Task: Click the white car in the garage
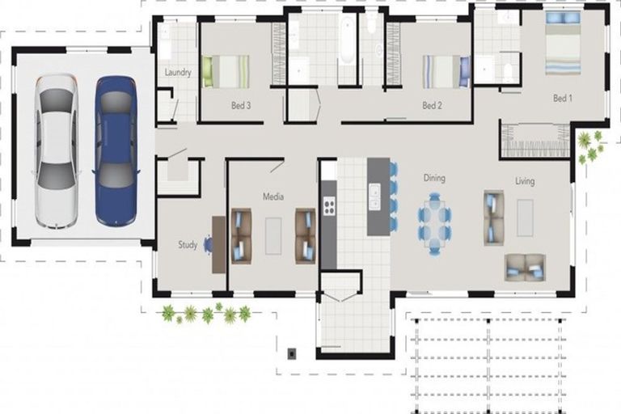(56, 151)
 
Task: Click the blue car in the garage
(116, 151)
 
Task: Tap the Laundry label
(178, 72)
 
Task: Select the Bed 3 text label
(241, 105)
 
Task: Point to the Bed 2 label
(432, 105)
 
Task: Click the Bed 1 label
(563, 98)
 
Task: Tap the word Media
(273, 196)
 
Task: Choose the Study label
(188, 245)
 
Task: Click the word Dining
(434, 178)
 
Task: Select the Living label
(525, 181)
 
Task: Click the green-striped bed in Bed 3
(226, 71)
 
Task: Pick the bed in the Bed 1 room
(563, 43)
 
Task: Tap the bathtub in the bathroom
(347, 40)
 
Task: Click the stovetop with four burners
(330, 205)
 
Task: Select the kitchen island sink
(374, 196)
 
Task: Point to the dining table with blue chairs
(434, 223)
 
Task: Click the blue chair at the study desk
(208, 244)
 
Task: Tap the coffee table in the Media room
(273, 236)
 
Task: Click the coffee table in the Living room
(525, 218)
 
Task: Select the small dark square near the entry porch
(292, 353)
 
